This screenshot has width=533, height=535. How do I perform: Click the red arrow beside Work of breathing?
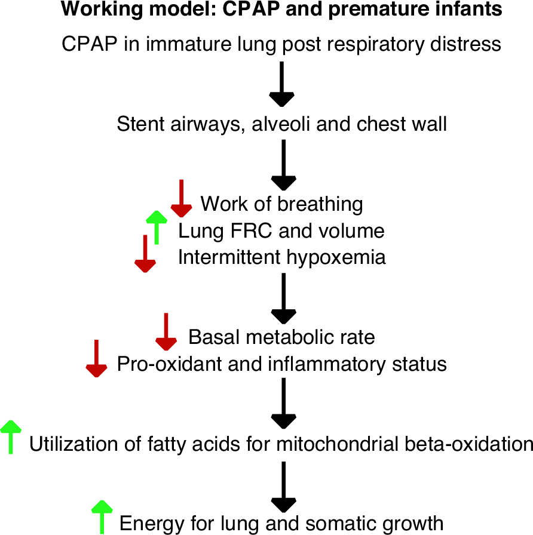click(181, 199)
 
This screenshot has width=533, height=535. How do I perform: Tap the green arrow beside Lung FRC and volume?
click(157, 226)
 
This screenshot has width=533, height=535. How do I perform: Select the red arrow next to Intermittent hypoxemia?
click(145, 254)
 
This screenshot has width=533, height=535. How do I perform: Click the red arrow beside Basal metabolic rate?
click(166, 332)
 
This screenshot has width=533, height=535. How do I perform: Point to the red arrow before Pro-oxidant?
click(96, 359)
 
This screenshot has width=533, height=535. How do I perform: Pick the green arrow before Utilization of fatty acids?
click(11, 436)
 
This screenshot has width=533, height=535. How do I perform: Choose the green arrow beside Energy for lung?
click(102, 516)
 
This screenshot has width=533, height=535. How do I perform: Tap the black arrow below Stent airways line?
click(284, 165)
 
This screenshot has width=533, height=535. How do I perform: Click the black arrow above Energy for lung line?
click(284, 485)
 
